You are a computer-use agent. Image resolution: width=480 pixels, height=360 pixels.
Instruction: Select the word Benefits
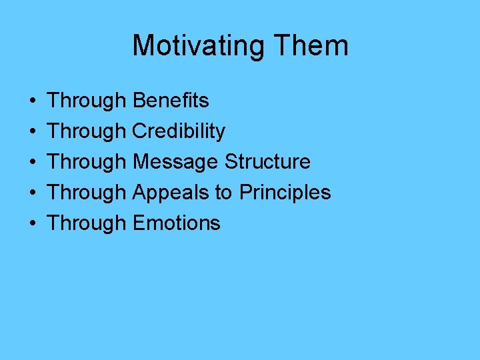171,101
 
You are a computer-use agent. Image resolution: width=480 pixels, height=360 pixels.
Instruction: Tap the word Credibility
179,131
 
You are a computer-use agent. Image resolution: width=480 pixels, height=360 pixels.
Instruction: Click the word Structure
267,162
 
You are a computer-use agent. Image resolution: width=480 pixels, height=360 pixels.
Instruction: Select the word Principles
285,193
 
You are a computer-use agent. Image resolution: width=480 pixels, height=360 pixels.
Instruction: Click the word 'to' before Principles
223,193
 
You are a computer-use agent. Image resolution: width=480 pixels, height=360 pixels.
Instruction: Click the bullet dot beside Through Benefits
33,101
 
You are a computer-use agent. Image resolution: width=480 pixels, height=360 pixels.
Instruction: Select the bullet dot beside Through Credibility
33,132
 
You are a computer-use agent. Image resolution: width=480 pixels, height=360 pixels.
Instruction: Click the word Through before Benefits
87,101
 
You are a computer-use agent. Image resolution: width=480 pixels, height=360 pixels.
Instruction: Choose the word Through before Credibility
87,131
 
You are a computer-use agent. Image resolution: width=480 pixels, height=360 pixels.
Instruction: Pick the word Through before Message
87,162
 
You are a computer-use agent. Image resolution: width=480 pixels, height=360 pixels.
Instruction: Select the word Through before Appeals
87,193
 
